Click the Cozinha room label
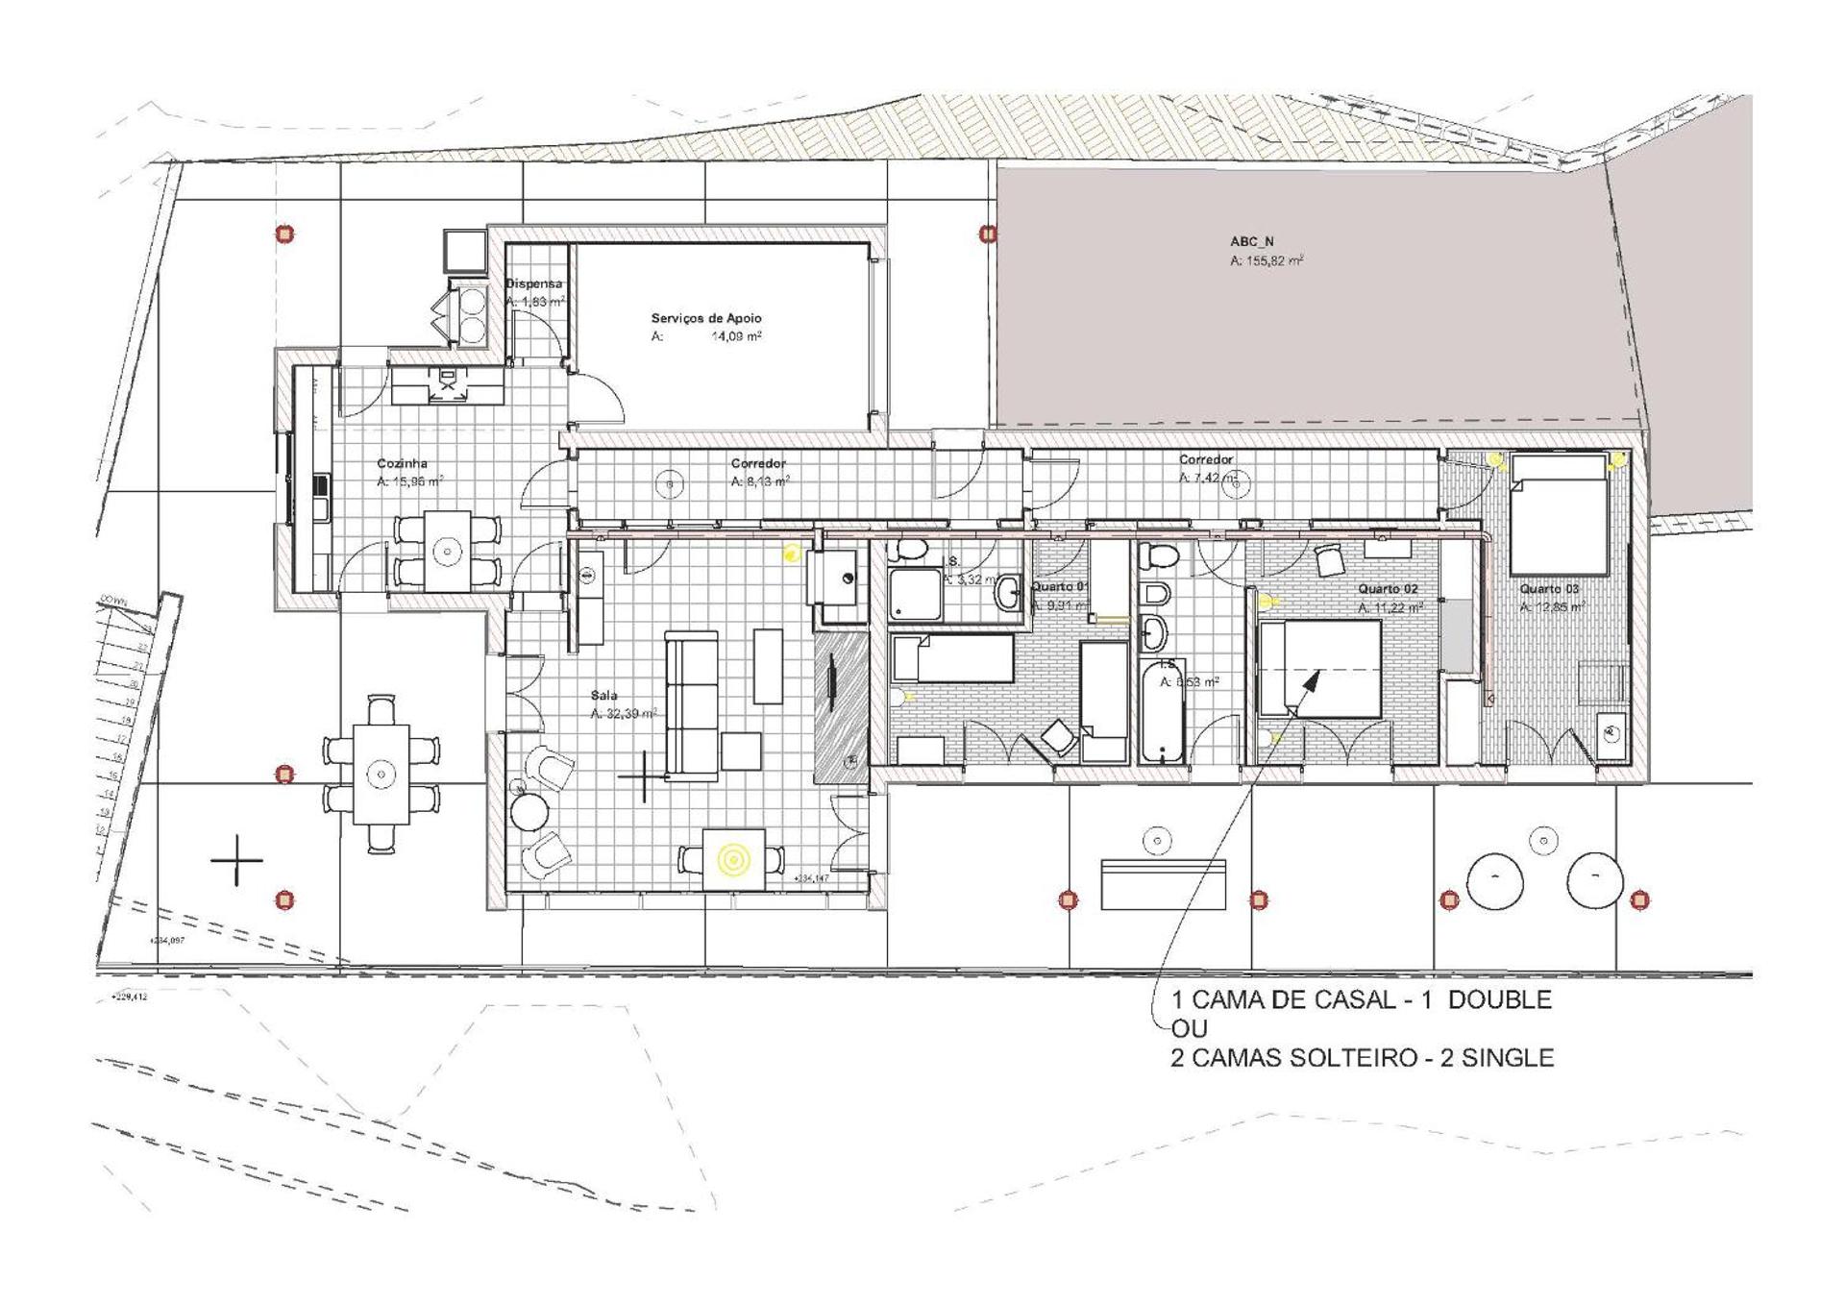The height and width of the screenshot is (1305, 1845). (402, 463)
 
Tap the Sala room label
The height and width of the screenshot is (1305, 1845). (603, 695)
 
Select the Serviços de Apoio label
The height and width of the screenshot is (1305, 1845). (705, 318)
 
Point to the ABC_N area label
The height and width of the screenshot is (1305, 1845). (1251, 242)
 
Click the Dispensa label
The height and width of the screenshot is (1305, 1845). (533, 283)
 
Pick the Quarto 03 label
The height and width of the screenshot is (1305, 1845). (1549, 588)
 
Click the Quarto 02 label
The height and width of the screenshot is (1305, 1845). (1388, 588)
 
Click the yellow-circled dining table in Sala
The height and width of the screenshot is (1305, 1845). (734, 859)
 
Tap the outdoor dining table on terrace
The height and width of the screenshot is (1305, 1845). (381, 774)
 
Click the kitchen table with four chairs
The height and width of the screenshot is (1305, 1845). (447, 551)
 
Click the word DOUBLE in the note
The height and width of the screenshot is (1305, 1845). (1499, 999)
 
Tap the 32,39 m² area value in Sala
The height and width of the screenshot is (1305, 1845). (624, 714)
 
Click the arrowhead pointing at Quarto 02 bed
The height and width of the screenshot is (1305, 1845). (1312, 681)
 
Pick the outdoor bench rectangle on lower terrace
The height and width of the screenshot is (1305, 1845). (1163, 885)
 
